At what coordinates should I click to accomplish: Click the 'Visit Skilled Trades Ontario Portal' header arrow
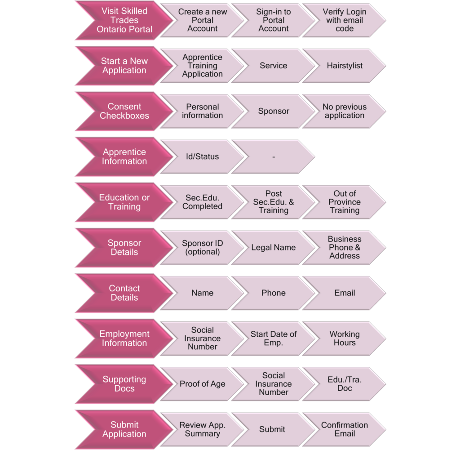click(x=124, y=20)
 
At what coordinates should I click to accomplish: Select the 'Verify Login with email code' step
click(x=345, y=20)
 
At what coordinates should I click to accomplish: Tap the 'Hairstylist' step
click(x=345, y=66)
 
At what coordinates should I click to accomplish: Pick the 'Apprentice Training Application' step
click(x=203, y=66)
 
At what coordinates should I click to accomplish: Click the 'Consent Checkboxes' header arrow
click(x=124, y=111)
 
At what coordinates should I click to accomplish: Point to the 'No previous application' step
click(x=345, y=111)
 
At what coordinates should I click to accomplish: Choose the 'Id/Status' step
click(x=203, y=157)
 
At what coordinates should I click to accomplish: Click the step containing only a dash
click(x=274, y=157)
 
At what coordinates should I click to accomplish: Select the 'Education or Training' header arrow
click(x=124, y=202)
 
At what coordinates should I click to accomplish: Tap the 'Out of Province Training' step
click(x=345, y=202)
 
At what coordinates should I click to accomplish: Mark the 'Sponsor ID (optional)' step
click(x=203, y=248)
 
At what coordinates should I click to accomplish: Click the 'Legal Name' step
click(x=274, y=248)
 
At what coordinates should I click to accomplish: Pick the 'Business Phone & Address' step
click(x=345, y=248)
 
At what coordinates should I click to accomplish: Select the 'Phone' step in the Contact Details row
click(x=274, y=293)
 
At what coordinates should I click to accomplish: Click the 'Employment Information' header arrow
click(x=124, y=339)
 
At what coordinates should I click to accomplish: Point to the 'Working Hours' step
click(x=345, y=339)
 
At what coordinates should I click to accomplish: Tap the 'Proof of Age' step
click(x=203, y=384)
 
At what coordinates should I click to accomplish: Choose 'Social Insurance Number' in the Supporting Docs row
click(x=274, y=384)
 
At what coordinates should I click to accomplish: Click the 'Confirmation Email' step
click(x=345, y=430)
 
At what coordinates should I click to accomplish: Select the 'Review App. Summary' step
click(x=203, y=430)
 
